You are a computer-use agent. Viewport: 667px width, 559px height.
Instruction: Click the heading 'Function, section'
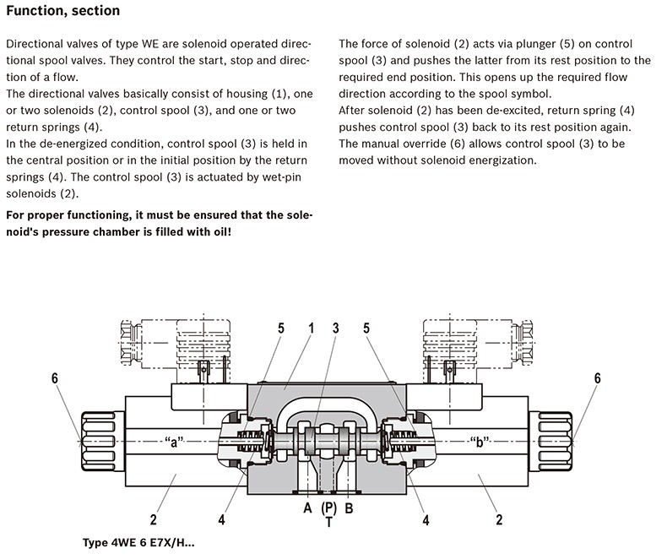pos(62,12)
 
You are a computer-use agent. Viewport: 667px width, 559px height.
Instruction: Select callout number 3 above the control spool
pos(335,327)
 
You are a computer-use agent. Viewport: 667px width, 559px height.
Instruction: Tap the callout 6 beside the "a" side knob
pos(56,379)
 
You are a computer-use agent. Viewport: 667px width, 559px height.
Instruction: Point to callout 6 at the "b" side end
pos(598,379)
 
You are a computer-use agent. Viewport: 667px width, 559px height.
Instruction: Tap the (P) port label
pos(328,508)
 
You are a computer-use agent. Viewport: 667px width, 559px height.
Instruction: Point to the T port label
pos(328,524)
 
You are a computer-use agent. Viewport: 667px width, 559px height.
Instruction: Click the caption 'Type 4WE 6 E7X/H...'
pos(138,545)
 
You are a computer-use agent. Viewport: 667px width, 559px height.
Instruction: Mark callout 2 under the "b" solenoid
pos(500,520)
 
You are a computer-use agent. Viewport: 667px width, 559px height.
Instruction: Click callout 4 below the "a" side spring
pos(220,520)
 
